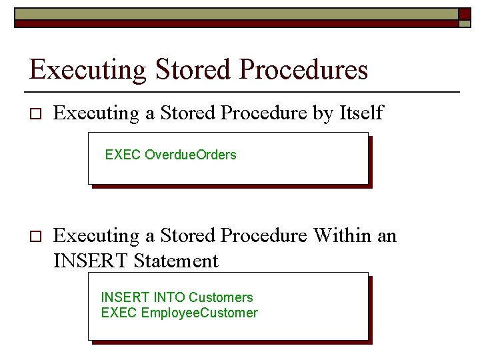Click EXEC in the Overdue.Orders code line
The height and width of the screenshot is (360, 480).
pyautogui.click(x=123, y=155)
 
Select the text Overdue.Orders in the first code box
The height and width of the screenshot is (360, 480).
pyautogui.click(x=191, y=155)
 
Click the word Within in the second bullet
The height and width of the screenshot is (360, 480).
pyautogui.click(x=344, y=235)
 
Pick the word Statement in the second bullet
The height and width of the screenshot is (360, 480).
pyautogui.click(x=176, y=261)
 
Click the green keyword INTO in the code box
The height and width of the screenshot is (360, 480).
pyautogui.click(x=169, y=297)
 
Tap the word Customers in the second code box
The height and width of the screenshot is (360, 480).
pyautogui.click(x=221, y=297)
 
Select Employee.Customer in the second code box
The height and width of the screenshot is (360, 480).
pyautogui.click(x=199, y=313)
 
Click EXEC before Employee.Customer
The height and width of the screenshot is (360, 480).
pyautogui.click(x=119, y=313)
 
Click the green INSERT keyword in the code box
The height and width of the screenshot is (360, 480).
pyautogui.click(x=125, y=297)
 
